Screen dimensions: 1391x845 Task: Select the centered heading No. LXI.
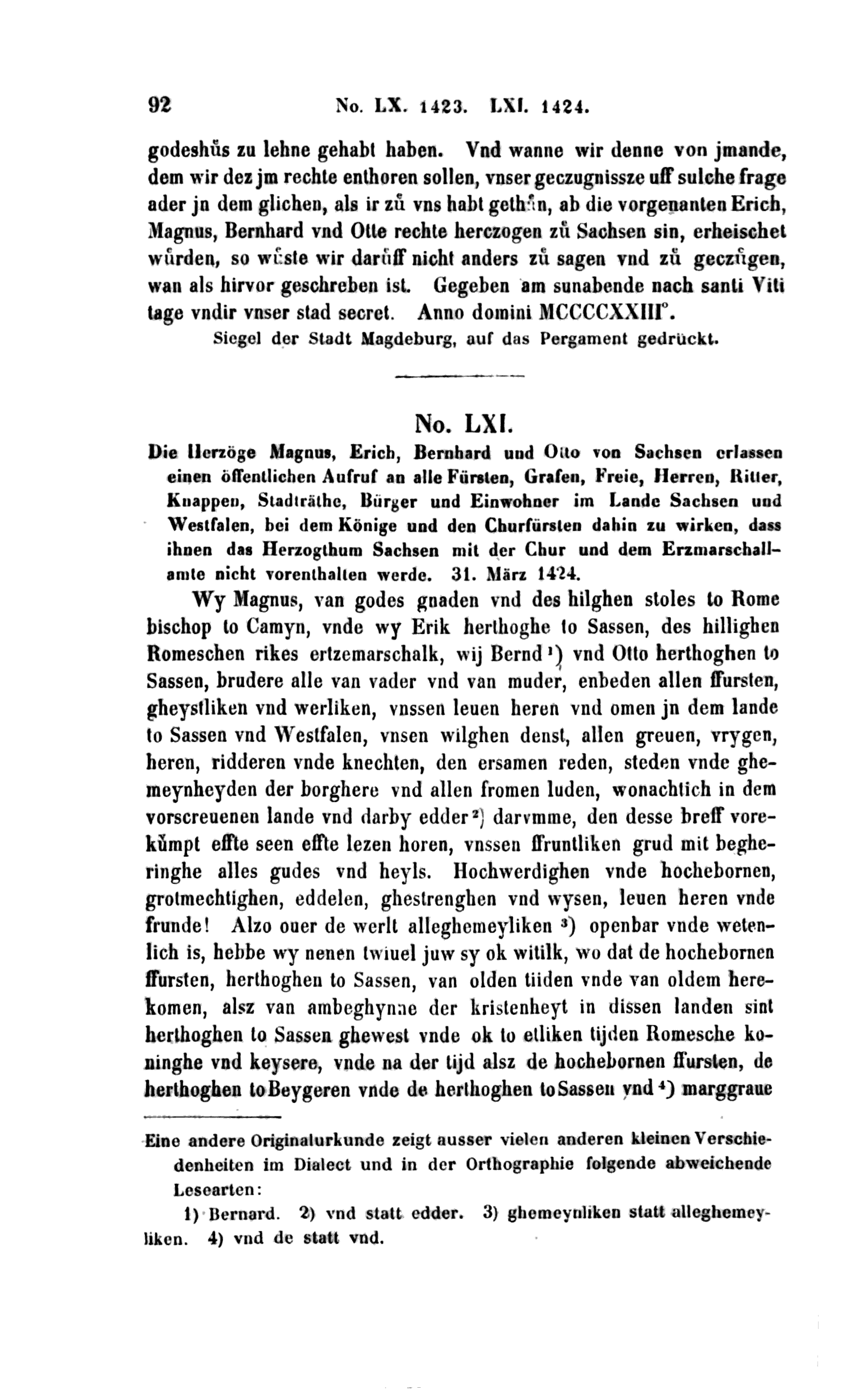coord(462,422)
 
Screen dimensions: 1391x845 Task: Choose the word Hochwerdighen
coord(521,872)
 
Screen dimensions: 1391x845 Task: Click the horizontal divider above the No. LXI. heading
coord(459,376)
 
